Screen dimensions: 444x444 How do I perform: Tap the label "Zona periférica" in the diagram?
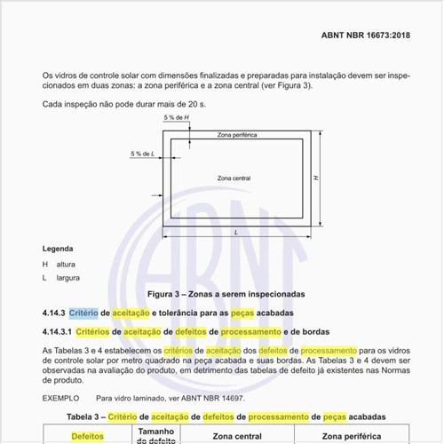pos(238,135)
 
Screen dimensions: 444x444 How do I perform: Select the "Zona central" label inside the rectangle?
pos(234,178)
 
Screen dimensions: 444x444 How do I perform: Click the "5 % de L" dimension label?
pos(141,154)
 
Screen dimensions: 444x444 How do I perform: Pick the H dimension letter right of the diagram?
pos(316,178)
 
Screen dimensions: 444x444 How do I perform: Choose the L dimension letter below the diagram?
pos(235,232)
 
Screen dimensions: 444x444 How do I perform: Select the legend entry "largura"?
pos(67,278)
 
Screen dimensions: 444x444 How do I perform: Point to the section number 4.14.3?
pos(52,313)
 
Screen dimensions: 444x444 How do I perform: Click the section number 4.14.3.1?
pos(56,332)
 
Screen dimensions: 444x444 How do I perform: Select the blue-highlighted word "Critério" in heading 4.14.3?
pos(83,313)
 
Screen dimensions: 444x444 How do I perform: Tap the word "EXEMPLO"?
pos(60,398)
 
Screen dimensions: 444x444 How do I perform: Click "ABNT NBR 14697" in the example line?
pos(222,398)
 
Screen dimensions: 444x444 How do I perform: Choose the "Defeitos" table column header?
pos(87,436)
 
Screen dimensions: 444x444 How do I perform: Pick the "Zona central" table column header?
pos(237,436)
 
